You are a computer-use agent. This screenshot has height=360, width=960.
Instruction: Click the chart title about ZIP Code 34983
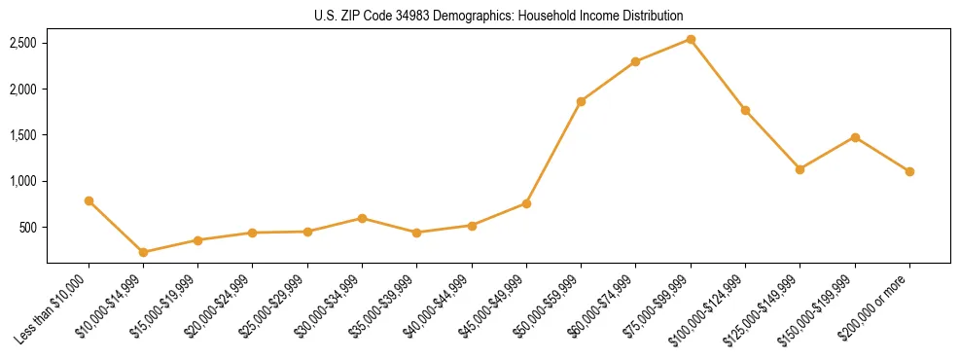pyautogui.click(x=499, y=16)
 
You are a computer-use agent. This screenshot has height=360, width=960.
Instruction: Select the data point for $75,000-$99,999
pyautogui.click(x=691, y=39)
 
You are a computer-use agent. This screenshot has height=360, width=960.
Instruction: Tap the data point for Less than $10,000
pyautogui.click(x=89, y=200)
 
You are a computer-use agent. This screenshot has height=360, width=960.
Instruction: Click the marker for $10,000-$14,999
pyautogui.click(x=144, y=252)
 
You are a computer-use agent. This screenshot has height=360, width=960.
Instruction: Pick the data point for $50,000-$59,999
pyautogui.click(x=581, y=101)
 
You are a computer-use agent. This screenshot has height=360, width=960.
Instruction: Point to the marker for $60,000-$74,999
pyautogui.click(x=635, y=61)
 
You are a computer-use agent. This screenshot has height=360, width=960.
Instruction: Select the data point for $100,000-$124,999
pyautogui.click(x=745, y=110)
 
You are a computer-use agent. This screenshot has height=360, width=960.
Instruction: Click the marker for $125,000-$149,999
pyautogui.click(x=800, y=169)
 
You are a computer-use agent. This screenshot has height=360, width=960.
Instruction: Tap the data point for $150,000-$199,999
pyautogui.click(x=855, y=137)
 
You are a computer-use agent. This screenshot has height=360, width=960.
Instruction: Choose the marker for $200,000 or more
pyautogui.click(x=909, y=171)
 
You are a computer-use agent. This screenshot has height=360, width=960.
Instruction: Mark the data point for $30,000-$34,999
pyautogui.click(x=362, y=218)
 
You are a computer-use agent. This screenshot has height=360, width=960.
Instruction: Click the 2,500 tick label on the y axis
pyautogui.click(x=23, y=43)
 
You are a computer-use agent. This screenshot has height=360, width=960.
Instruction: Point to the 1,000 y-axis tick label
pyautogui.click(x=23, y=181)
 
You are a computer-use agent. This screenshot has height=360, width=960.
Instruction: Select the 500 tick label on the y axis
pyautogui.click(x=28, y=228)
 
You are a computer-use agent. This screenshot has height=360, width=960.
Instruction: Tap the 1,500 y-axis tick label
pyautogui.click(x=23, y=135)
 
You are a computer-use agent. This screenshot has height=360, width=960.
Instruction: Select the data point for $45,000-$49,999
pyautogui.click(x=526, y=203)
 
